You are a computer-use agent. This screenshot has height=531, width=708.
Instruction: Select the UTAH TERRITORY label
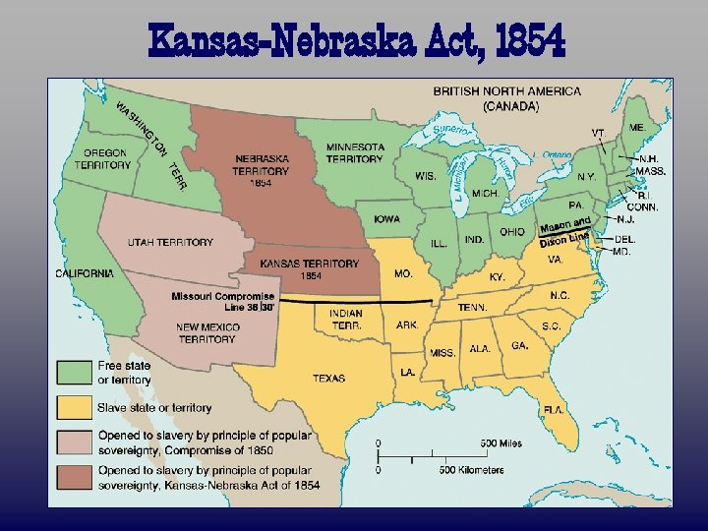pos(170,242)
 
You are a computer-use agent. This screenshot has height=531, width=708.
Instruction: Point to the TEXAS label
pos(328,378)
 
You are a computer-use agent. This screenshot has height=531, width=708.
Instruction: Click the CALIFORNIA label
pos(85,273)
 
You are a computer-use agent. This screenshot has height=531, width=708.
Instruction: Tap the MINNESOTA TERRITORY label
pos(355,152)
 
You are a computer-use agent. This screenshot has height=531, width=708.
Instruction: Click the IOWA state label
pos(385,219)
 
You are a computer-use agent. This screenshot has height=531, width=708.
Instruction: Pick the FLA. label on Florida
pos(554,407)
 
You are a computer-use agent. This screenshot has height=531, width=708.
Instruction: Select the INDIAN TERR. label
pos(339,319)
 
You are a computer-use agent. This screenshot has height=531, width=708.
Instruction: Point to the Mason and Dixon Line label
pos(566,232)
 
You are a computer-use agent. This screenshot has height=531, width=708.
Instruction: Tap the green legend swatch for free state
pos(74,372)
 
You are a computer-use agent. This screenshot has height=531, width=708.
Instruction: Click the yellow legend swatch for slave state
pos(74,406)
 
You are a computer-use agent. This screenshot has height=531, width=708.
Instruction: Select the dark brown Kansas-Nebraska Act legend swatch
pos(74,477)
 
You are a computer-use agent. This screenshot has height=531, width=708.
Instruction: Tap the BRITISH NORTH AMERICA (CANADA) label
pos(506,97)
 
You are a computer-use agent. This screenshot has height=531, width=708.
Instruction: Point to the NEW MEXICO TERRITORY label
pos(206,332)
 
